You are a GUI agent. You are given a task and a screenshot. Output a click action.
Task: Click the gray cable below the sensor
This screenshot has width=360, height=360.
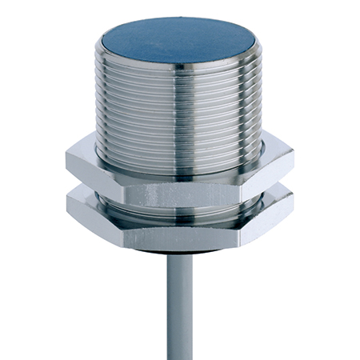point(181,304)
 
